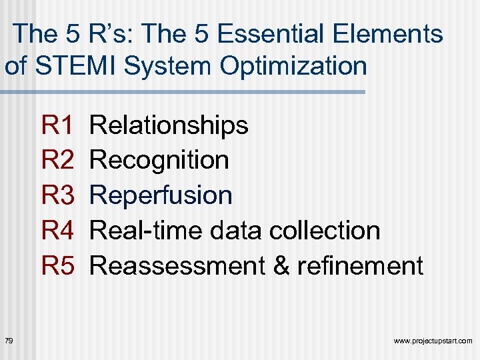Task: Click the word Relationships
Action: (169, 125)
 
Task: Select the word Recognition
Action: (159, 160)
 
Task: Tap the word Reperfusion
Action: (161, 195)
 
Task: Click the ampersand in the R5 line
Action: (282, 266)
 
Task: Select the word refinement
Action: (361, 266)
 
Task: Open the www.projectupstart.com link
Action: (433, 341)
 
